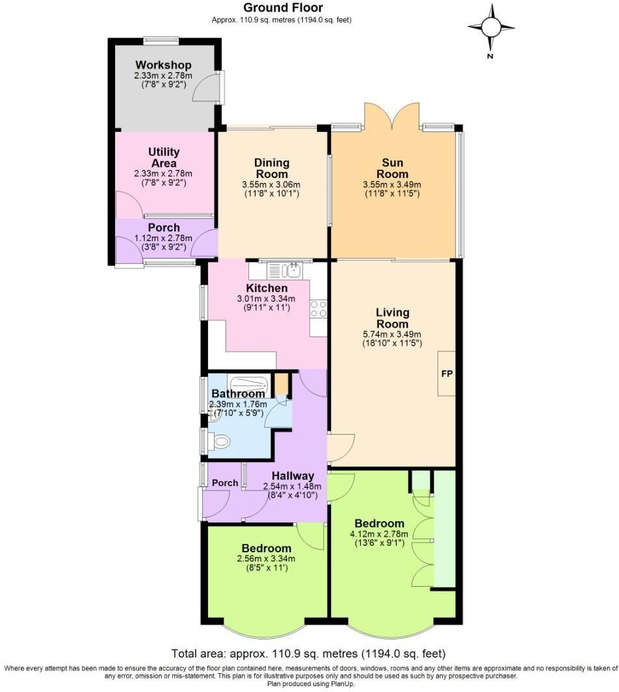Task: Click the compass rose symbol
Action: tap(491, 27)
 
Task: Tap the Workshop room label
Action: tap(163, 65)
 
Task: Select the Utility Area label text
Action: tap(163, 158)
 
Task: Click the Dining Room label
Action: tap(272, 168)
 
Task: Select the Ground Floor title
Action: tap(283, 8)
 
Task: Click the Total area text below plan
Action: tap(309, 653)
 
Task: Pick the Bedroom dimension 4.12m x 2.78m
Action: tap(380, 535)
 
